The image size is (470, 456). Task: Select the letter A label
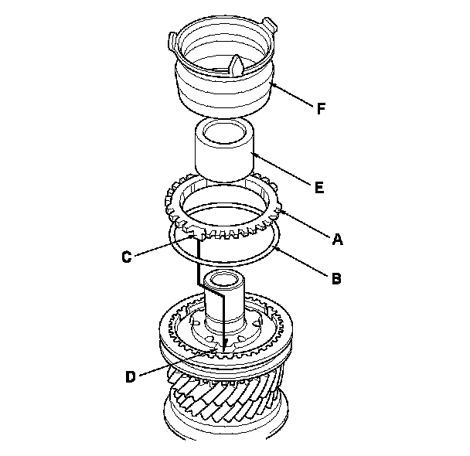pyautogui.click(x=336, y=240)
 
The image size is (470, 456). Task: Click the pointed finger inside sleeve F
pyautogui.click(x=237, y=67)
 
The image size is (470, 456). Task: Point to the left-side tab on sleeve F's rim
pyautogui.click(x=173, y=37)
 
